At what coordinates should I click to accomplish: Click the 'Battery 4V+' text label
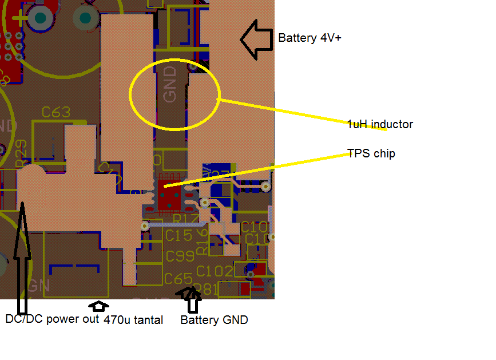point(309,38)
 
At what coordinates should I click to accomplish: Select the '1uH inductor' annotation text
point(379,124)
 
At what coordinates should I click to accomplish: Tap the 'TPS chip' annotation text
point(371,153)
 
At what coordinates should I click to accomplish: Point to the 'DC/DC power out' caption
point(52,319)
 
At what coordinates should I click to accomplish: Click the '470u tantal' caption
point(133,320)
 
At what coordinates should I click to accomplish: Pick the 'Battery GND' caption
point(214,320)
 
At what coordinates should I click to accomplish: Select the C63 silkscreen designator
point(56,112)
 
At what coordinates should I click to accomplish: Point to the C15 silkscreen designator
point(178,235)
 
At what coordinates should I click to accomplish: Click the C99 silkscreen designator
point(180,257)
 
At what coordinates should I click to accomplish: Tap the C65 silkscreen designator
point(178,279)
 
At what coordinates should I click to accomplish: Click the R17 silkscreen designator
point(184,218)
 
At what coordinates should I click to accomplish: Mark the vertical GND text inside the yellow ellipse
point(170,84)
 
